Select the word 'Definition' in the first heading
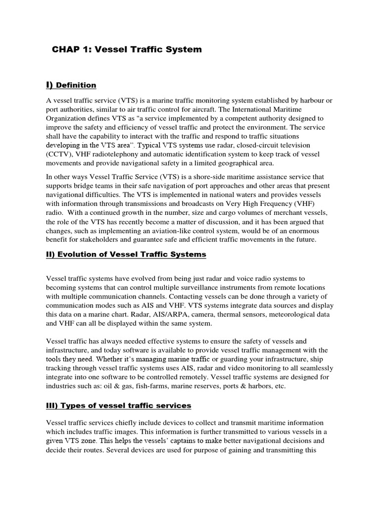coord(76,86)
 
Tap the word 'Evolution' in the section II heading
coord(79,254)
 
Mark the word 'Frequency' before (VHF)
coord(274,204)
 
